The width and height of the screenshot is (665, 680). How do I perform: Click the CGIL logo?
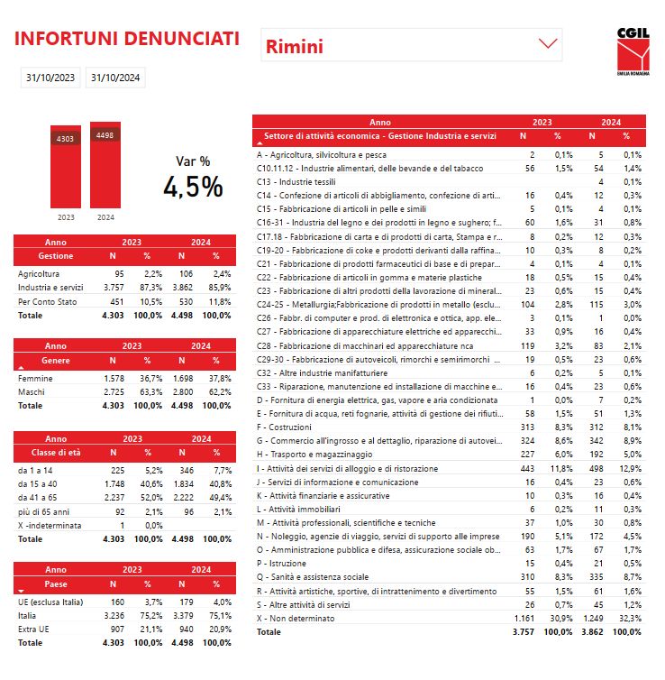pyautogui.click(x=633, y=51)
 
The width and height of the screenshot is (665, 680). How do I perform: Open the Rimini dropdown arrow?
pyautogui.click(x=548, y=43)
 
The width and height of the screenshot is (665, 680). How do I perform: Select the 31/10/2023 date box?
pyautogui.click(x=50, y=78)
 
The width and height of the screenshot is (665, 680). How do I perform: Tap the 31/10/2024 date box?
pyautogui.click(x=115, y=78)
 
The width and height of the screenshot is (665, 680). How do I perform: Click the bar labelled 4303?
pyautogui.click(x=66, y=167)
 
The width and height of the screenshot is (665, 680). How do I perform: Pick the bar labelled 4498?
pyautogui.click(x=105, y=165)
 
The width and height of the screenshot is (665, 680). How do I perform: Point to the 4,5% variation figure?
pyautogui.click(x=193, y=187)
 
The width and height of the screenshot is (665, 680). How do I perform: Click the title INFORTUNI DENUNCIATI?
pyautogui.click(x=127, y=38)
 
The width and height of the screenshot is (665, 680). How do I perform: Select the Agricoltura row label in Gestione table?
pyautogui.click(x=39, y=273)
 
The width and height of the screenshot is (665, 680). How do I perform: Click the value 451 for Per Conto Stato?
pyautogui.click(x=117, y=301)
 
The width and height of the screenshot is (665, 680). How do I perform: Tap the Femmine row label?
pyautogui.click(x=35, y=378)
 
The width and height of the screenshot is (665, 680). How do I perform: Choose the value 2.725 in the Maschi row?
pyautogui.click(x=114, y=391)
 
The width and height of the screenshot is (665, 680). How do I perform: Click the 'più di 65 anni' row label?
pyautogui.click(x=43, y=511)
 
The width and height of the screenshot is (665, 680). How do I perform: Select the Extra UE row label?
pyautogui.click(x=33, y=629)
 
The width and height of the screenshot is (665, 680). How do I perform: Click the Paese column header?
pyautogui.click(x=56, y=584)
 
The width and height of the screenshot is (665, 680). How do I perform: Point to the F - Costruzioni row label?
pyautogui.click(x=284, y=427)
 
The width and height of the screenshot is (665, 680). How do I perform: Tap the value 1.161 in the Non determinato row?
pyautogui.click(x=524, y=619)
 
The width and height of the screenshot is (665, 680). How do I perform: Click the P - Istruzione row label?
pyautogui.click(x=281, y=564)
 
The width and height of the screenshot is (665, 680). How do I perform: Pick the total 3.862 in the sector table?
pyautogui.click(x=592, y=632)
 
